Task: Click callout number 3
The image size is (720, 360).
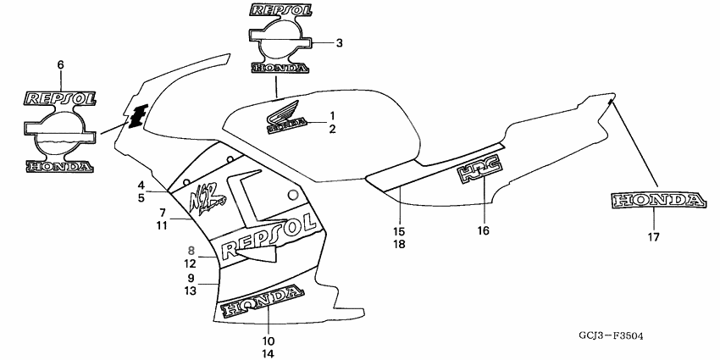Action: click(x=339, y=42)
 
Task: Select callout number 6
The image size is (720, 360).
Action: click(x=60, y=64)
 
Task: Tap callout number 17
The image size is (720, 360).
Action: click(x=653, y=238)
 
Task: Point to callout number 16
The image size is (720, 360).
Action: click(x=484, y=230)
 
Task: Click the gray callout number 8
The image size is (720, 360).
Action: click(x=191, y=251)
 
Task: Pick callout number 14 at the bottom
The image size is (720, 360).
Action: click(x=269, y=353)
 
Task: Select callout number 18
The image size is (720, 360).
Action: click(x=399, y=244)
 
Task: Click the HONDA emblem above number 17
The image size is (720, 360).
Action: click(x=657, y=201)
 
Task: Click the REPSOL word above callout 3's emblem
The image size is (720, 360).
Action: click(x=285, y=11)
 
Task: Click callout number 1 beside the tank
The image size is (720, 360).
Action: click(x=333, y=115)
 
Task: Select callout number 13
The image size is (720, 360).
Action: click(x=191, y=291)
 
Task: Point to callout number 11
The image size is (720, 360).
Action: click(x=162, y=225)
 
